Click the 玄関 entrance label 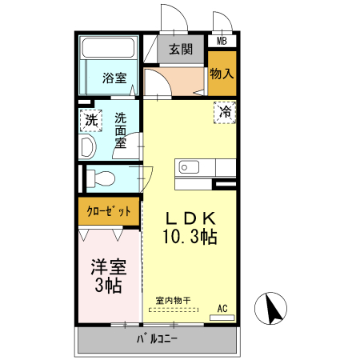click(181, 50)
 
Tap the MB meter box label click(222, 41)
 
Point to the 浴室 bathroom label click(114, 78)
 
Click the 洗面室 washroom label click(121, 130)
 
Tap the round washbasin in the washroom click(88, 147)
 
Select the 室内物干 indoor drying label click(174, 302)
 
